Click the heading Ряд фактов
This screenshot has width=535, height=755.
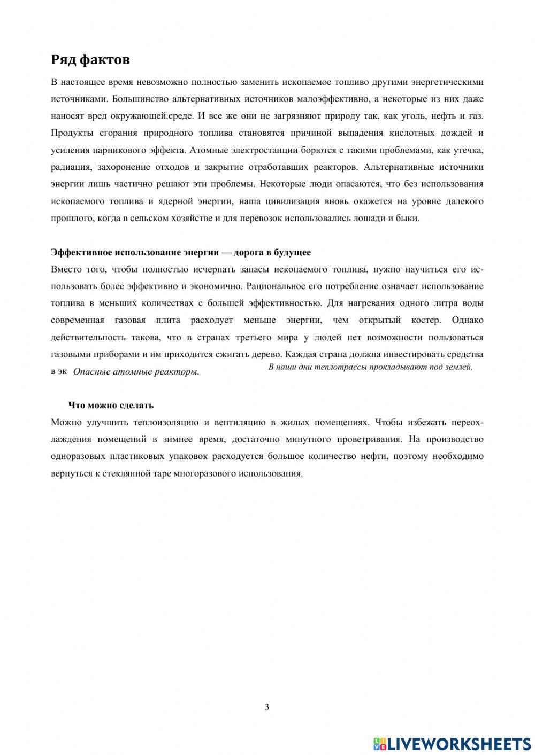coord(90,59)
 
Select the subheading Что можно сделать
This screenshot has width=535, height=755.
coord(111,405)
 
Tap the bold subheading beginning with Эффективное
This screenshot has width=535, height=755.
coord(181,252)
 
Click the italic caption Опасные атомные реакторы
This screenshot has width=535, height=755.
coord(136,372)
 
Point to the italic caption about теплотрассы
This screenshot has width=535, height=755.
coord(370,367)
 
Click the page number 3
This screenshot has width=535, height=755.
coord(267,707)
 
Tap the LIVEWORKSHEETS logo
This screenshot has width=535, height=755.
coord(452,743)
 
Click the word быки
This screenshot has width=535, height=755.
coord(408,218)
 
